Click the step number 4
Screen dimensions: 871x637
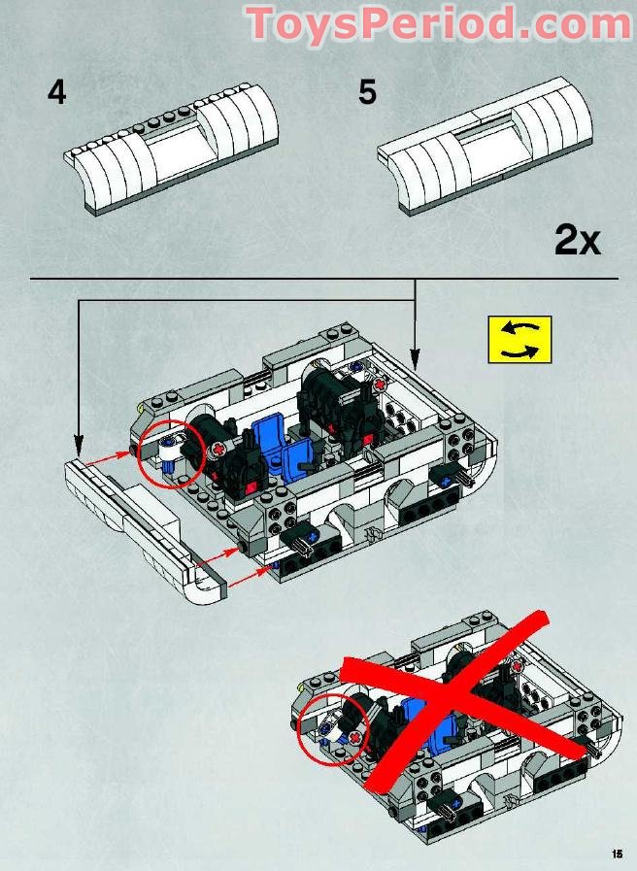pyautogui.click(x=57, y=93)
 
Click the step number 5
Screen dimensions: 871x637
pyautogui.click(x=367, y=93)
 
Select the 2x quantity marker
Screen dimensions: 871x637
pyautogui.click(x=577, y=239)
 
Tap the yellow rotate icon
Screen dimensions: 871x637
pyautogui.click(x=520, y=339)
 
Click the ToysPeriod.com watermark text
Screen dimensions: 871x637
pyautogui.click(x=438, y=23)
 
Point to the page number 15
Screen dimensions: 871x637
pyautogui.click(x=616, y=854)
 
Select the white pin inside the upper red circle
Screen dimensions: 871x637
pyautogui.click(x=172, y=450)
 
